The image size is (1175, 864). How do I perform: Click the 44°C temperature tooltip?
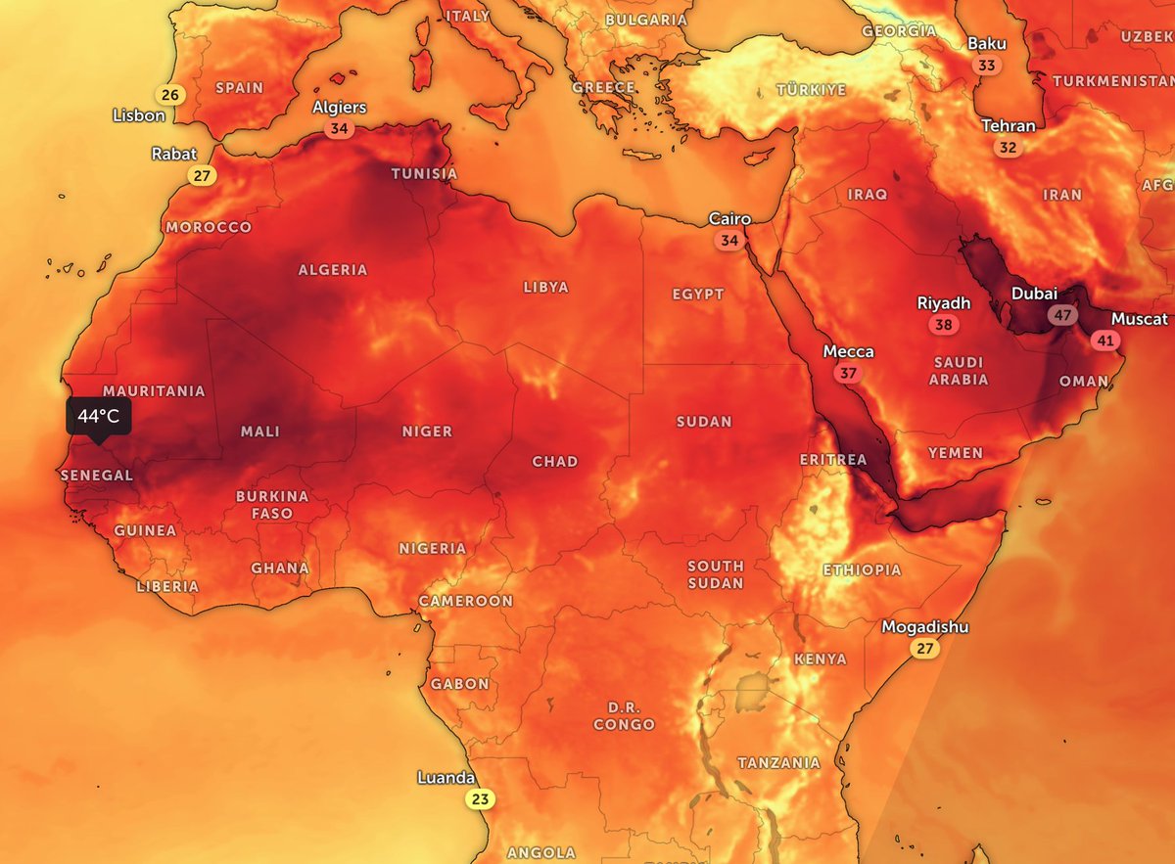click(x=99, y=416)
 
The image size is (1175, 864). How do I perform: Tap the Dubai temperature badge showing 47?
click(x=1061, y=315)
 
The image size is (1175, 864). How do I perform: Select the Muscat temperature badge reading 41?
click(x=1106, y=341)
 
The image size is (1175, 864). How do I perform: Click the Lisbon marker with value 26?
click(x=170, y=95)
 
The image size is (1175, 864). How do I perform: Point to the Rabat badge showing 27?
click(x=202, y=176)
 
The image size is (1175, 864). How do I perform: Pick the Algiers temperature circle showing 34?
click(x=339, y=128)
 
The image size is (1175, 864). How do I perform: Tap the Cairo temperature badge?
click(x=729, y=240)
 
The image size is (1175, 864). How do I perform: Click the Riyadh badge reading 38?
click(x=943, y=325)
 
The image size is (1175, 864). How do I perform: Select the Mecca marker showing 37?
click(x=848, y=373)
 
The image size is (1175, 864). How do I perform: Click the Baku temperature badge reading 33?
click(x=987, y=66)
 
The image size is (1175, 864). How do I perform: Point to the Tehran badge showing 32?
click(x=1008, y=148)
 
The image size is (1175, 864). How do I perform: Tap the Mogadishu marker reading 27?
click(x=924, y=648)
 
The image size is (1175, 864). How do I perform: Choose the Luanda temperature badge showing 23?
click(x=480, y=799)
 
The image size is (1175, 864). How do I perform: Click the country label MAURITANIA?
click(x=154, y=391)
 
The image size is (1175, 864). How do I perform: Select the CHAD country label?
click(x=554, y=462)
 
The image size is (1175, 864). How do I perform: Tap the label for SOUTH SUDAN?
click(x=715, y=574)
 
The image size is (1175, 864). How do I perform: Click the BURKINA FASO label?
click(x=272, y=505)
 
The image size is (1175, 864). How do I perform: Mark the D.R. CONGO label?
click(x=624, y=716)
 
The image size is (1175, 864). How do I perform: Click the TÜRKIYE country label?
click(x=811, y=90)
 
